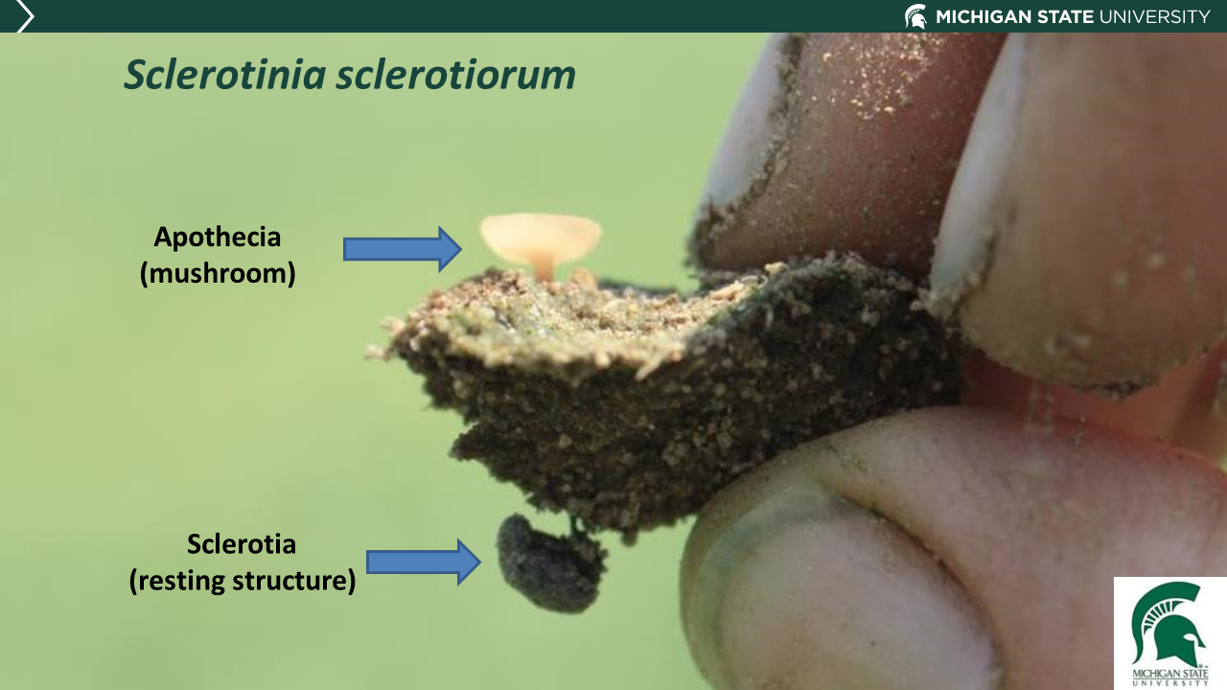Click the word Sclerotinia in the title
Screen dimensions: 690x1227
tap(224, 76)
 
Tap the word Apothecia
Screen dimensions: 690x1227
tap(218, 237)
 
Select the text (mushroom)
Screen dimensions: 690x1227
tap(218, 273)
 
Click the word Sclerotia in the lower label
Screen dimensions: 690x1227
tap(242, 544)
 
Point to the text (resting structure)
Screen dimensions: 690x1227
tap(243, 581)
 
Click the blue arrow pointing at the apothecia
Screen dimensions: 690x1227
tap(402, 249)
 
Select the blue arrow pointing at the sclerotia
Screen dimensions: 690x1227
tap(423, 562)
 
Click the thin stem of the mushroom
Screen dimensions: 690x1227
tap(544, 268)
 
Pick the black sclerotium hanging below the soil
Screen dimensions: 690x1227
tap(549, 565)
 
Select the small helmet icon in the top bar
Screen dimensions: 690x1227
tap(915, 16)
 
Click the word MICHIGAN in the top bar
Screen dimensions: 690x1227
tap(984, 16)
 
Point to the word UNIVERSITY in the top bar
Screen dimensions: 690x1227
tap(1156, 16)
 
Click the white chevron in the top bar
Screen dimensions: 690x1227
tap(25, 16)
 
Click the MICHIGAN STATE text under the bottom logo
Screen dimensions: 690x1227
tap(1170, 674)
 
